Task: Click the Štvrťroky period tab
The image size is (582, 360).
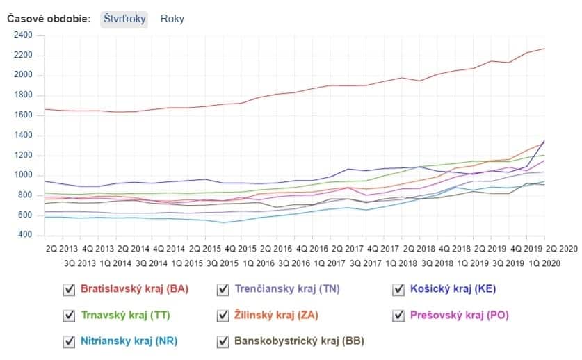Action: click(124, 19)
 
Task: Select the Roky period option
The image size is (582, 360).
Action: click(172, 19)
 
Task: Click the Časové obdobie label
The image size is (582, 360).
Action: click(49, 19)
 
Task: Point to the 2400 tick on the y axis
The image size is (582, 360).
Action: click(24, 35)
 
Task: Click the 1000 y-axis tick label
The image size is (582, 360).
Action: click(24, 175)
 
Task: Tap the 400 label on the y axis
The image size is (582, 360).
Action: click(26, 236)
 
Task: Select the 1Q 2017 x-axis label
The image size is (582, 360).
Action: click(330, 263)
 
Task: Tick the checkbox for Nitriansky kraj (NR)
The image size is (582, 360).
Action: click(69, 341)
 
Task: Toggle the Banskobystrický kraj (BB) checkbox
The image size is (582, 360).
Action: click(223, 341)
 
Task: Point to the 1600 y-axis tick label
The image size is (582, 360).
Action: click(24, 115)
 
